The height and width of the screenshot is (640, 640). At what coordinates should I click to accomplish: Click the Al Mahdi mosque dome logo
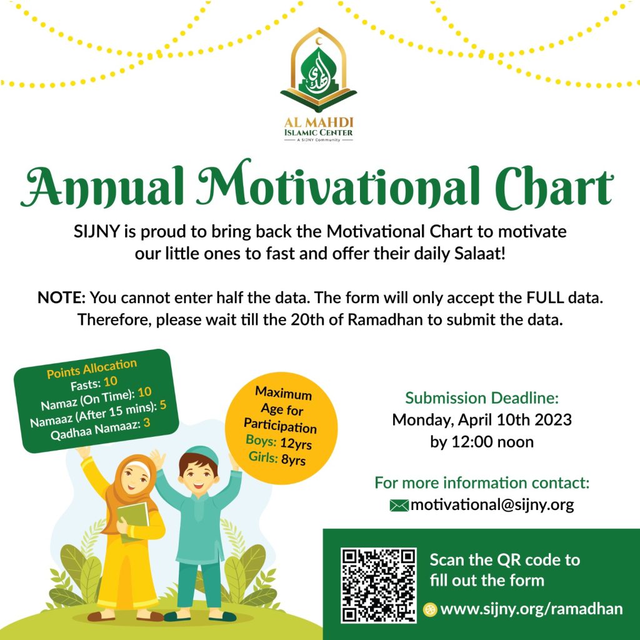(318, 70)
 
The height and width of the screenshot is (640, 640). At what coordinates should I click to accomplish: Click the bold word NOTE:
(62, 297)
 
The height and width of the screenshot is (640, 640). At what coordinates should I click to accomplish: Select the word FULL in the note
(544, 297)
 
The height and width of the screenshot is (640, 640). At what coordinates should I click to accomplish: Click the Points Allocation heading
(92, 368)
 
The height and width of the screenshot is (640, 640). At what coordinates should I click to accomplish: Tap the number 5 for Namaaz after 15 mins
(163, 404)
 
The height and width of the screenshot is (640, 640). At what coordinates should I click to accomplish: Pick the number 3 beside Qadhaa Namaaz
(146, 422)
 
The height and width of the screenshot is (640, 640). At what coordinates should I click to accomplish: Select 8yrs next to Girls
(293, 460)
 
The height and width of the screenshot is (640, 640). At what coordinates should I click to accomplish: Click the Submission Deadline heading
(482, 397)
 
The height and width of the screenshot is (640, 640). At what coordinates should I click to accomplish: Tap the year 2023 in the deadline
(553, 419)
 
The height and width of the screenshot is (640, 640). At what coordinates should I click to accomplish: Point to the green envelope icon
(399, 505)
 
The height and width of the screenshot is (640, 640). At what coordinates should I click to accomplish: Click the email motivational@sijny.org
(492, 505)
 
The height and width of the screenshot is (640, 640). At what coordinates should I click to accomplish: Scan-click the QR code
(378, 585)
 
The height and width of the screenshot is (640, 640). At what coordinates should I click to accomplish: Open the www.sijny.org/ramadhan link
(531, 609)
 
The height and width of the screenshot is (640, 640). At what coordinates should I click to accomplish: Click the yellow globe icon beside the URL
(430, 609)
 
